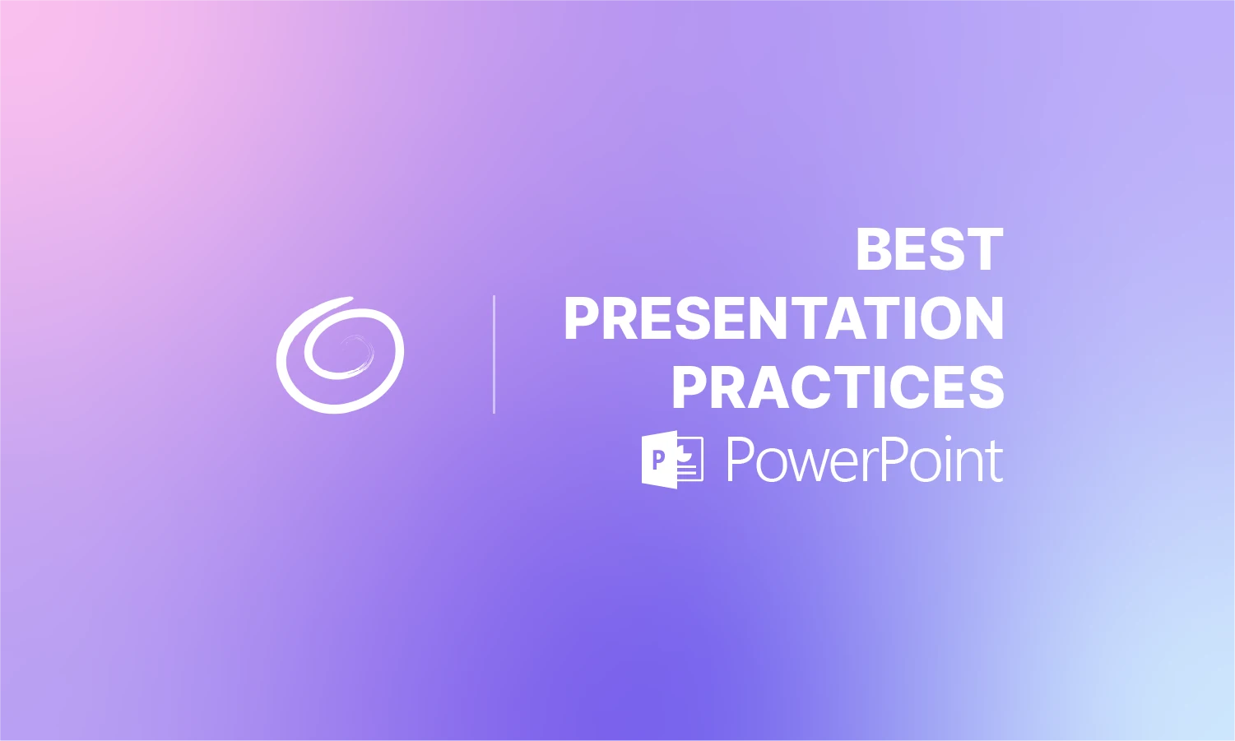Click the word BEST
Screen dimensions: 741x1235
click(x=929, y=250)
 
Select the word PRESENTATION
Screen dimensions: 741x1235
click(x=783, y=319)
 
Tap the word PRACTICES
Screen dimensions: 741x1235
click(x=838, y=387)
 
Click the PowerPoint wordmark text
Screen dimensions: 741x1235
click(x=864, y=461)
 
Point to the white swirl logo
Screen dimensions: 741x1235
click(x=340, y=355)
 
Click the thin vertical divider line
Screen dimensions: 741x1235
click(x=494, y=354)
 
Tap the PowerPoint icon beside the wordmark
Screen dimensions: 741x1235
click(x=671, y=460)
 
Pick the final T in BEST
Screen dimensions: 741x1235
click(x=986, y=250)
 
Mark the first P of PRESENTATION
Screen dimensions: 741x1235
click(x=583, y=319)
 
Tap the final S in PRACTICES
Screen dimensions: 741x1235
click(x=984, y=387)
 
